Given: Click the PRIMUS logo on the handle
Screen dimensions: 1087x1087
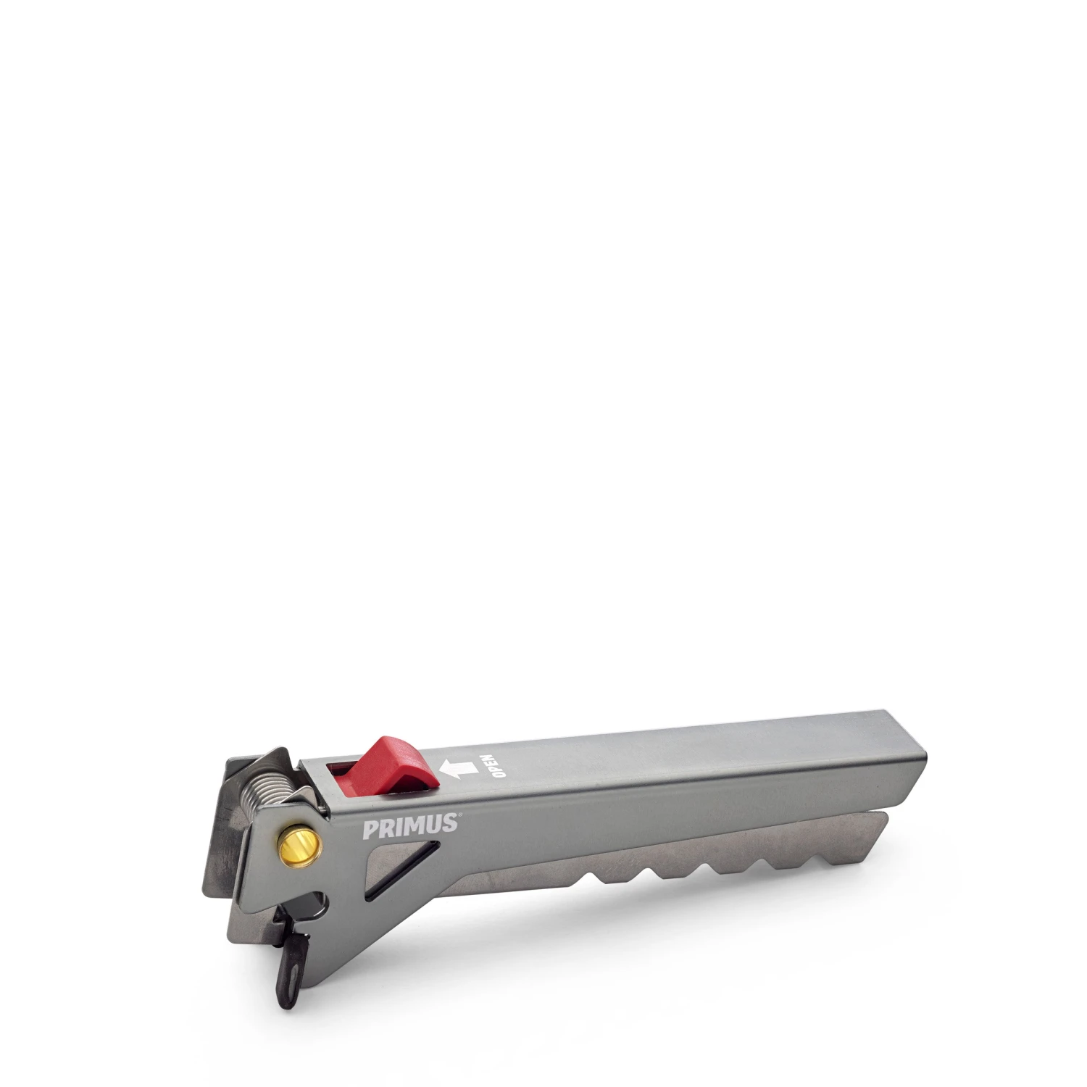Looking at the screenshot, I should tap(409, 826).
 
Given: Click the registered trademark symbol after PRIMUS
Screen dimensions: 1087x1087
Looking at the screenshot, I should tap(459, 815).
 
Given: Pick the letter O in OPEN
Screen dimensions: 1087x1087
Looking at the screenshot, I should tap(499, 775).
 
